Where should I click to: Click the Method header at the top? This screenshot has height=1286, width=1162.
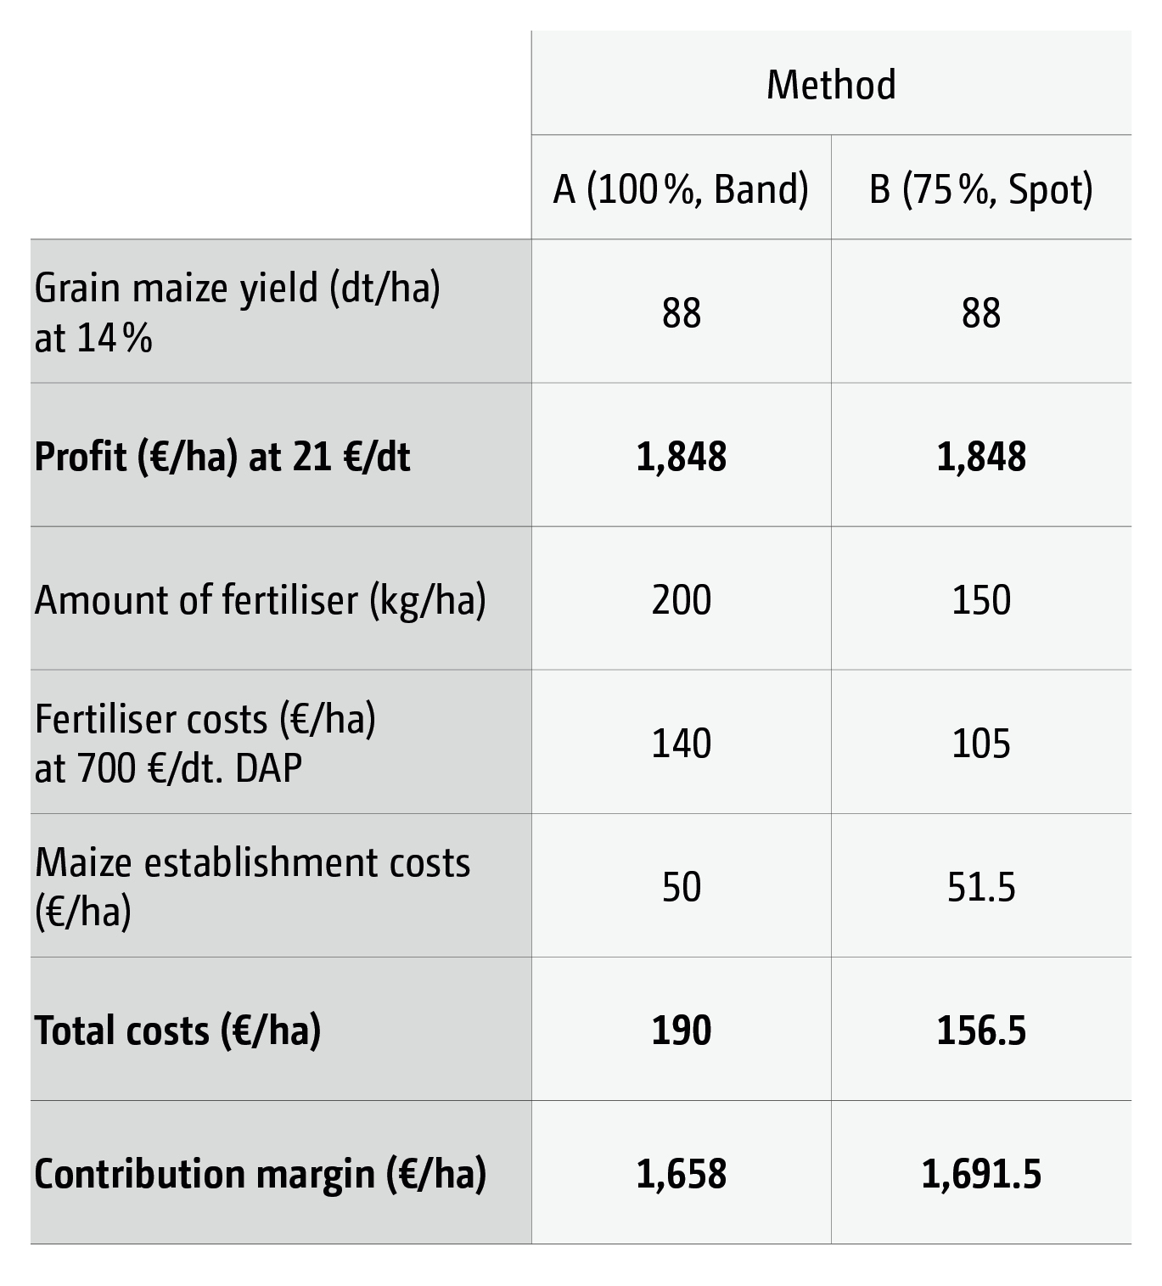[x=831, y=85]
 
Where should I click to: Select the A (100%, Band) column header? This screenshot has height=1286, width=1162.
[x=681, y=188]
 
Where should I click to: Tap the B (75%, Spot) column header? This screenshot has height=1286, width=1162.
[x=981, y=188]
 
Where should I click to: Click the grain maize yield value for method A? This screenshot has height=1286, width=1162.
[x=682, y=312]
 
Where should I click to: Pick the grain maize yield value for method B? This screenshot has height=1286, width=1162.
[x=981, y=312]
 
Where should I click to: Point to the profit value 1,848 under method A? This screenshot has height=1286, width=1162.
[x=682, y=456]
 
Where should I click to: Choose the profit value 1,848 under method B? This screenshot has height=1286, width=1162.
[x=981, y=456]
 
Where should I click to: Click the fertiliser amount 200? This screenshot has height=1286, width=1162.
[x=682, y=599]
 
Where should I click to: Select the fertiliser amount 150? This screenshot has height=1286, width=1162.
[x=981, y=599]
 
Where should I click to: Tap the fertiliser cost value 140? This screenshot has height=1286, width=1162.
[x=682, y=743]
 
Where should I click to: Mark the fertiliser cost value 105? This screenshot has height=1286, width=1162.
[x=981, y=743]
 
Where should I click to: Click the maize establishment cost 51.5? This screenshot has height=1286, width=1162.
[x=981, y=887]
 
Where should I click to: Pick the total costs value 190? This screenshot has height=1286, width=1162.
[x=682, y=1030]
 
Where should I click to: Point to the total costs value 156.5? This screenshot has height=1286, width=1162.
[x=981, y=1030]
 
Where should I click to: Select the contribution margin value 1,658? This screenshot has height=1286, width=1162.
[x=682, y=1174]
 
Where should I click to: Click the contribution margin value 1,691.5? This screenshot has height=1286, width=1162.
[x=981, y=1174]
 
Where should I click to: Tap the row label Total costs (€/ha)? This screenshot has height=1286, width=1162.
[x=177, y=1030]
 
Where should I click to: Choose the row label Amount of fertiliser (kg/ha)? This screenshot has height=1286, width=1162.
[x=260, y=600]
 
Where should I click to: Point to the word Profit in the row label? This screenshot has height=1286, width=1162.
[x=80, y=457]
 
